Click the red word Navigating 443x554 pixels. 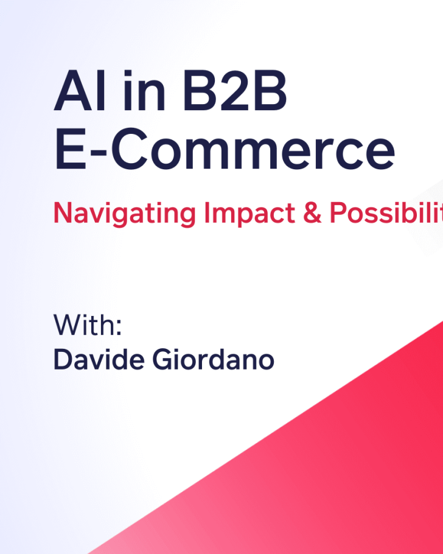pos(125,213)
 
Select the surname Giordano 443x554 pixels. pos(214,359)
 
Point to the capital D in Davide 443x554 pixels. pos(62,359)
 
